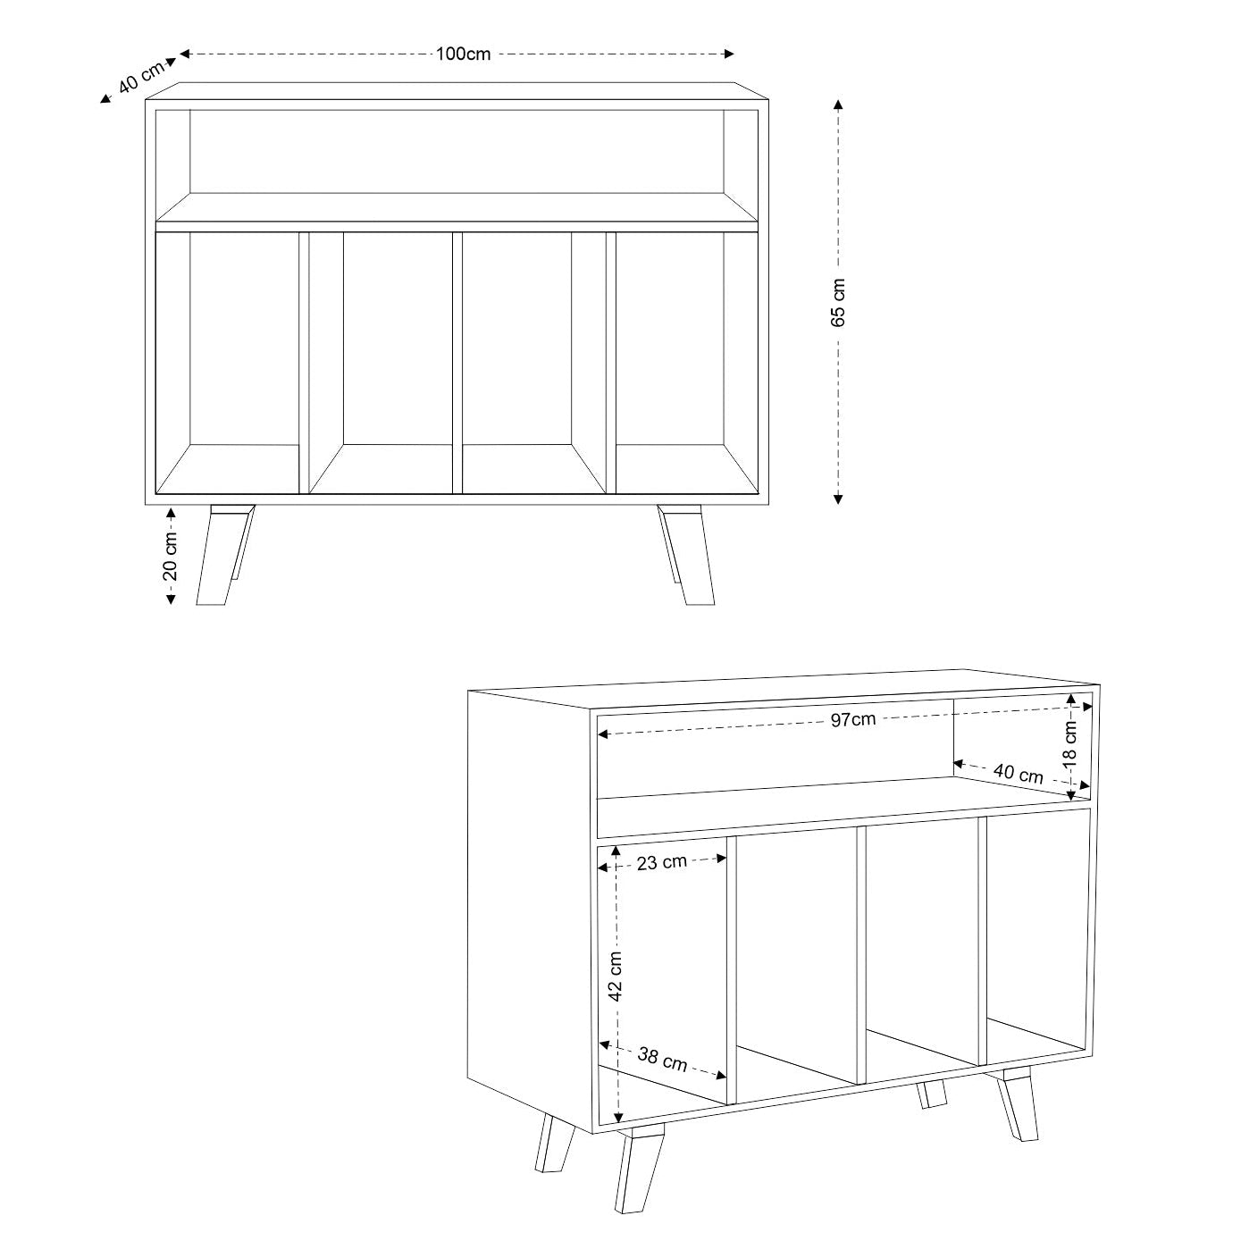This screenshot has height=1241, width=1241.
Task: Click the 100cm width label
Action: (x=463, y=54)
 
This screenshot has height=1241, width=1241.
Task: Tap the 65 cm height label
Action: (x=838, y=303)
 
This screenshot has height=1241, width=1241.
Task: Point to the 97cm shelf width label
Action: (x=853, y=719)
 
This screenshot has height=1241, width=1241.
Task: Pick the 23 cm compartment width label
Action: (x=662, y=862)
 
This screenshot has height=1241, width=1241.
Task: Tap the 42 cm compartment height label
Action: (x=616, y=976)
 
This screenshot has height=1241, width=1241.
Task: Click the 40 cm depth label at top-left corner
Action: (x=141, y=77)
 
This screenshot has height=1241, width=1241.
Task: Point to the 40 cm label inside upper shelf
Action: (x=1019, y=774)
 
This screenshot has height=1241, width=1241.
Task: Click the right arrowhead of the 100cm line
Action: (x=729, y=54)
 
